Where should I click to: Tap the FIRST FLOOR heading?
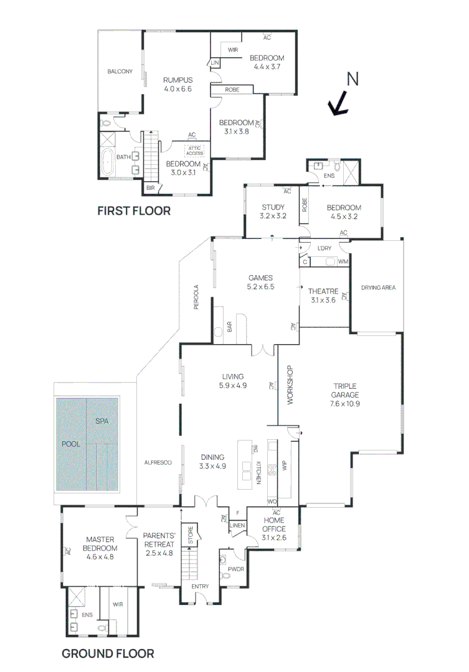tap(133, 211)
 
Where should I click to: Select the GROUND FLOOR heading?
tap(107, 653)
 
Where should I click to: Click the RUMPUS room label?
tap(178, 80)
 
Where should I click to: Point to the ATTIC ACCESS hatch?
tap(195, 151)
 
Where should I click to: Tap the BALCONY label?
tap(120, 72)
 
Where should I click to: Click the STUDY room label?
tap(273, 208)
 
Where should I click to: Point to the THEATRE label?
tap(323, 291)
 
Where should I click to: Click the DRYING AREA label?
tap(378, 287)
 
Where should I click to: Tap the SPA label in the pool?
tap(102, 421)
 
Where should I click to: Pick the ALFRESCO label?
tap(158, 462)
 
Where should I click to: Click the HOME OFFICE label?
tap(273, 525)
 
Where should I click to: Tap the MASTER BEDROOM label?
tap(102, 544)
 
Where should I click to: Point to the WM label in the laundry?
tap(343, 262)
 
